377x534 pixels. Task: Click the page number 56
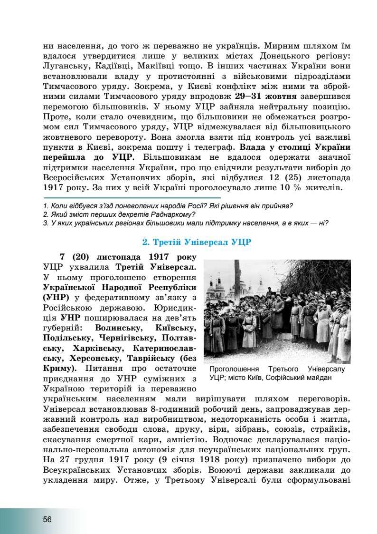click(x=47, y=519)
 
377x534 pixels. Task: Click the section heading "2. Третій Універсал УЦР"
click(x=197, y=242)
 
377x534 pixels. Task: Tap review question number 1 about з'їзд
click(x=168, y=206)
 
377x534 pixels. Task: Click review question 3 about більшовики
click(x=186, y=223)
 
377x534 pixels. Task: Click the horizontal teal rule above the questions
click(x=132, y=197)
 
